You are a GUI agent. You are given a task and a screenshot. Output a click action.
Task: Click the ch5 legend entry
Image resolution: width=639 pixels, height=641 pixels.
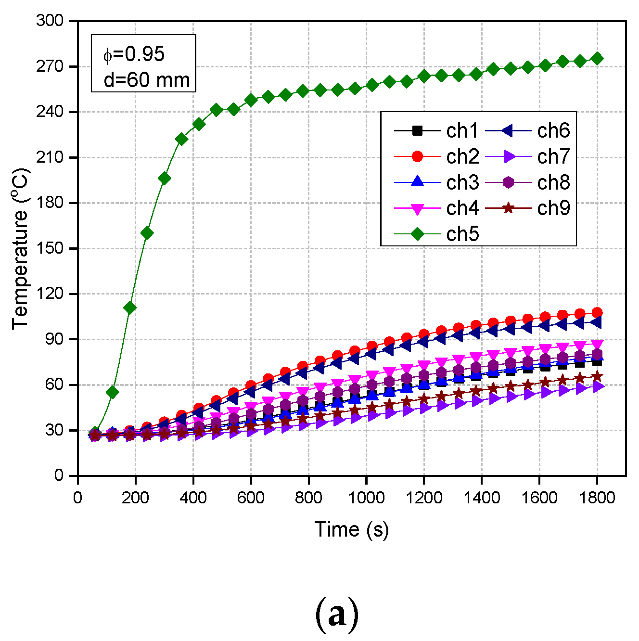(436, 234)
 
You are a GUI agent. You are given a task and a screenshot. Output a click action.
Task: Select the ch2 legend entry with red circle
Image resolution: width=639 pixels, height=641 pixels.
(436, 156)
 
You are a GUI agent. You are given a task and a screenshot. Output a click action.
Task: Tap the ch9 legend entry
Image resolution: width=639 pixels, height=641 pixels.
(527, 208)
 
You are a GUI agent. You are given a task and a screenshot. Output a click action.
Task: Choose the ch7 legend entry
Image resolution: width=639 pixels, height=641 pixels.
(527, 156)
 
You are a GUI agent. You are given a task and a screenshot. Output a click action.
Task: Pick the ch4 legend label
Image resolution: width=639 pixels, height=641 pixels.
(462, 208)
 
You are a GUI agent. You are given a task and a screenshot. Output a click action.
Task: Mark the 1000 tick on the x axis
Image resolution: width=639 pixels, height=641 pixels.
(366, 497)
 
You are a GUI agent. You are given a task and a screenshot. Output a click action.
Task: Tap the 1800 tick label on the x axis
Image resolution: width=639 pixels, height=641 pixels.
(597, 497)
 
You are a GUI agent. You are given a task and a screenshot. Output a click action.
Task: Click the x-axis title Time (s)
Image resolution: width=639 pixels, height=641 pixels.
(351, 529)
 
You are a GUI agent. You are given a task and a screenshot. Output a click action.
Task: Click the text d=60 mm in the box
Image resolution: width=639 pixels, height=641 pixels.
(147, 80)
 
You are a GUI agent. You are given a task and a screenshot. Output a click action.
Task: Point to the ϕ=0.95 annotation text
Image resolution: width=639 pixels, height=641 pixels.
(134, 54)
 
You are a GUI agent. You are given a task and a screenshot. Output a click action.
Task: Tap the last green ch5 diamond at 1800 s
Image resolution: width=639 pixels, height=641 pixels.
(597, 59)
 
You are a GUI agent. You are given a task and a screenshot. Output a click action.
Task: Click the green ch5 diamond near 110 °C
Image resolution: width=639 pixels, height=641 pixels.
(129, 308)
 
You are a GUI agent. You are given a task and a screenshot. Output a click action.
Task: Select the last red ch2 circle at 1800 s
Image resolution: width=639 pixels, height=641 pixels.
(597, 312)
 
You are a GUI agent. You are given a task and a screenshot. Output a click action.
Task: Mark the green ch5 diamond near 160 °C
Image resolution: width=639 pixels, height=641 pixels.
(147, 233)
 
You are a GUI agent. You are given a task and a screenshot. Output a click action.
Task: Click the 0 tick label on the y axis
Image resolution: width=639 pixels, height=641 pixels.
(59, 475)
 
